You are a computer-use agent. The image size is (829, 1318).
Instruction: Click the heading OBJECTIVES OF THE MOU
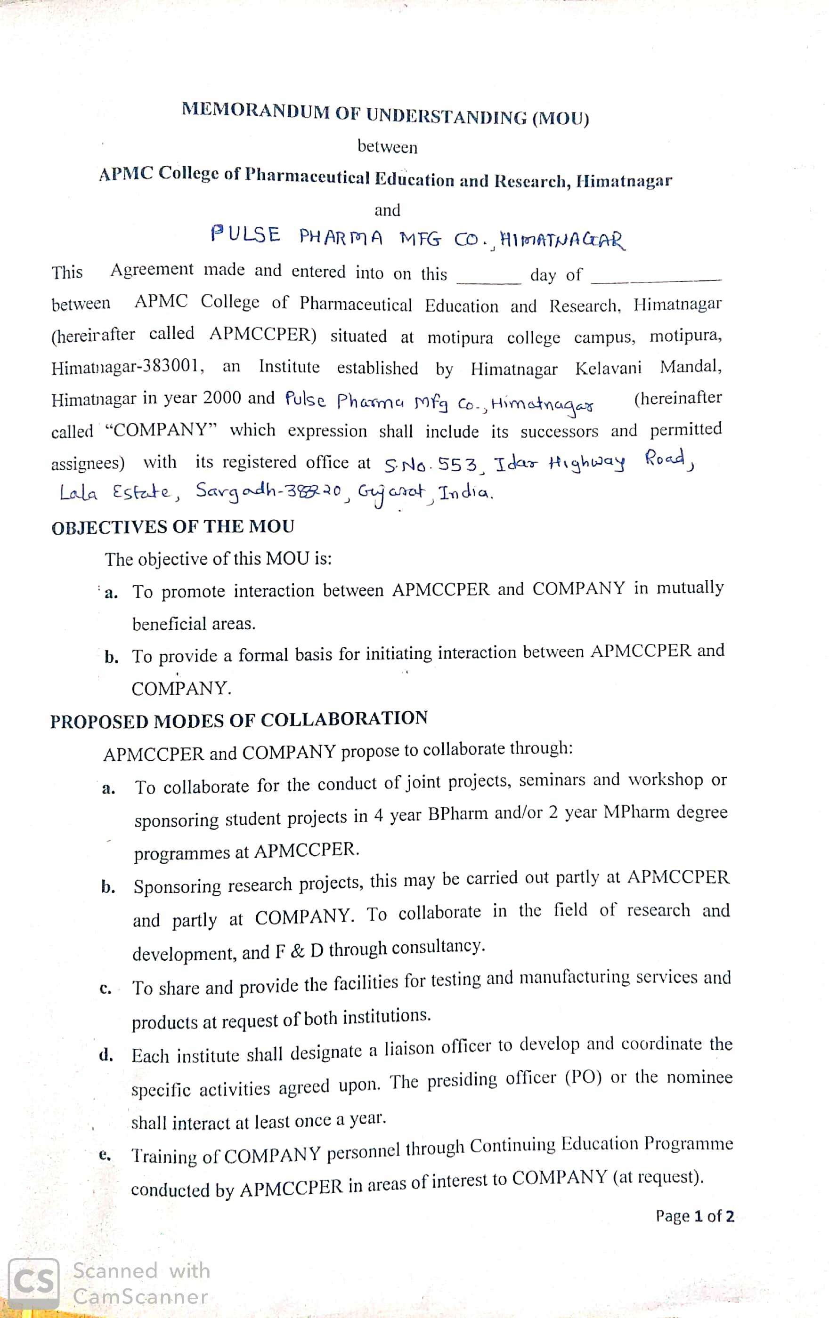[172, 527]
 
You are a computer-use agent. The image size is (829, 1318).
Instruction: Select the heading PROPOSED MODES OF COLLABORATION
[239, 720]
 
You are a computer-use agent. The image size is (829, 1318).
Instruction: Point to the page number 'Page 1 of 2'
[695, 1216]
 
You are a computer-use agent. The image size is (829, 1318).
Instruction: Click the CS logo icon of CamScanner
[34, 1283]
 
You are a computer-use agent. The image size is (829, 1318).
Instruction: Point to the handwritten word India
[466, 493]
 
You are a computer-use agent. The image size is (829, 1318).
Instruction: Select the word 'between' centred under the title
[387, 147]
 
